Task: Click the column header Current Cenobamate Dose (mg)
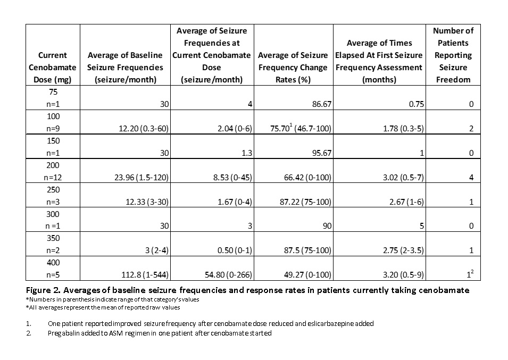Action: [x=53, y=68]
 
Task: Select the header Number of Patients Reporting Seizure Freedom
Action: [x=453, y=55]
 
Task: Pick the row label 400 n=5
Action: [x=53, y=269]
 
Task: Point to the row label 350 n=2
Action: [x=53, y=244]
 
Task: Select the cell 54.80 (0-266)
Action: [x=225, y=275]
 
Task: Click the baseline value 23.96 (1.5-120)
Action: [x=141, y=178]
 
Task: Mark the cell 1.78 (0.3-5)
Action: [x=403, y=129]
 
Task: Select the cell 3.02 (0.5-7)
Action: [x=403, y=178]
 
